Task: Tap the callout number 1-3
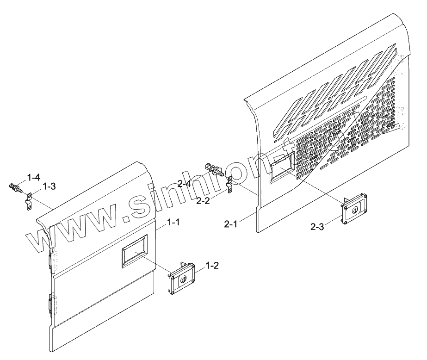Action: [x=49, y=186]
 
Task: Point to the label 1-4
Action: [x=34, y=177]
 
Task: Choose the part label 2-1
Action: [x=231, y=224]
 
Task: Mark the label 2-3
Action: [x=317, y=227]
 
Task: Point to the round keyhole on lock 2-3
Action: [x=355, y=211]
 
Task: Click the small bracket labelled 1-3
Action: [x=28, y=202]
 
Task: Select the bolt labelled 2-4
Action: [x=214, y=169]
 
